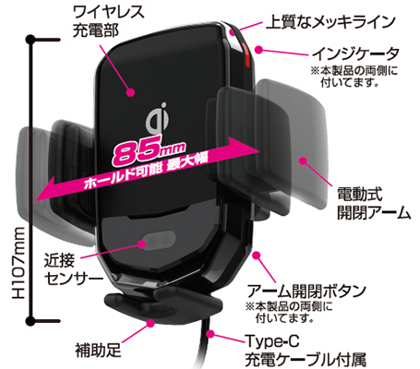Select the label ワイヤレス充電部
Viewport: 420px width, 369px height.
coord(108,21)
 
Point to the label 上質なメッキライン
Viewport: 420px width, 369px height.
coord(330,22)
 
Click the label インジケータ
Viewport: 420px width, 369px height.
coord(355,54)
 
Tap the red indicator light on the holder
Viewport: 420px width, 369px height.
coord(246,55)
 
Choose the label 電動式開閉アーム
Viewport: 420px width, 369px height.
coord(374,203)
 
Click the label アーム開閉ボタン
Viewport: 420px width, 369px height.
coord(306,291)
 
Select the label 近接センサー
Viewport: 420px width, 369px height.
coord(73,269)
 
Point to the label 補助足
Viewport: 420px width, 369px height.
coord(98,351)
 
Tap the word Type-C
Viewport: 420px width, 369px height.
coord(272,341)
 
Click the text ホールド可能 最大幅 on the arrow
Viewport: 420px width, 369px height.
coord(146,172)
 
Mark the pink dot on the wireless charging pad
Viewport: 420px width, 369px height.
coord(131,91)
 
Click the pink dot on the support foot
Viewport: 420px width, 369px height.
coord(150,323)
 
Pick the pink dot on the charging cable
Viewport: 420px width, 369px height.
coord(210,333)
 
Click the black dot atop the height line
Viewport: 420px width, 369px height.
coord(30,40)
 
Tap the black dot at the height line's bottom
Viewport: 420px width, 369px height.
coord(30,321)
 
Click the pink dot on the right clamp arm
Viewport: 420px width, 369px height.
coord(304,161)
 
